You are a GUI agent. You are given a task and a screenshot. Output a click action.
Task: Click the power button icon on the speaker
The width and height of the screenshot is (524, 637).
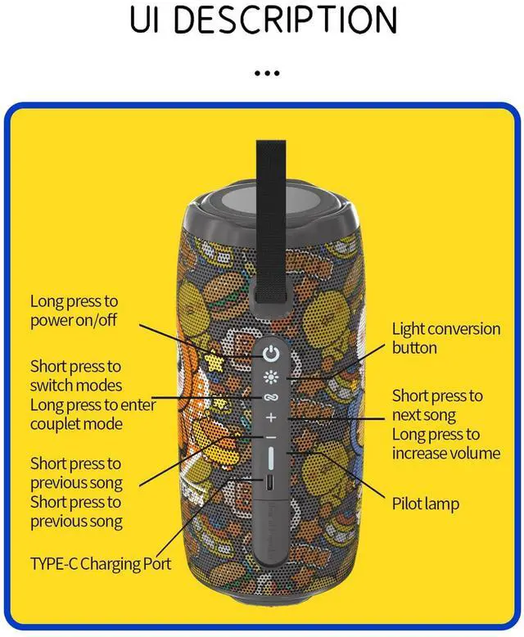(271, 355)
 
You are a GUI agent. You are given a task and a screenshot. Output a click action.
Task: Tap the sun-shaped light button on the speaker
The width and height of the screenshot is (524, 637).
(271, 377)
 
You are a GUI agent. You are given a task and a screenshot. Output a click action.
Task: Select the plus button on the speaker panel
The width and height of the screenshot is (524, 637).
(271, 418)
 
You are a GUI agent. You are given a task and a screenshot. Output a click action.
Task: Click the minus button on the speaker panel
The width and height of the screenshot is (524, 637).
(271, 438)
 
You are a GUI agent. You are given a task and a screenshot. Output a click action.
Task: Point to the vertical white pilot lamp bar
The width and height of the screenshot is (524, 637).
(271, 460)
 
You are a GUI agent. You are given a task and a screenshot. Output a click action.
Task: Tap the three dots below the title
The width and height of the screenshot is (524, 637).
(267, 73)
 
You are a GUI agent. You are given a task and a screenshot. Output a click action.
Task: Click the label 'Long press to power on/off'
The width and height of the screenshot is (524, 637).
(75, 311)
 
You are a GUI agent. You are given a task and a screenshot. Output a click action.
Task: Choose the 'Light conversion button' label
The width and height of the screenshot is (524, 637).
(445, 338)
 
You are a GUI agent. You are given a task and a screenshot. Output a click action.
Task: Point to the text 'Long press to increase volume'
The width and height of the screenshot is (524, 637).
(445, 444)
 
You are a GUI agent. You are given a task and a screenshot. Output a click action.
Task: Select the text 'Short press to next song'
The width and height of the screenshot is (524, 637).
(437, 405)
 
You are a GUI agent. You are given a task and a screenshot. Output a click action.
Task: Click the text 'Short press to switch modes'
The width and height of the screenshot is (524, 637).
(76, 376)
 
